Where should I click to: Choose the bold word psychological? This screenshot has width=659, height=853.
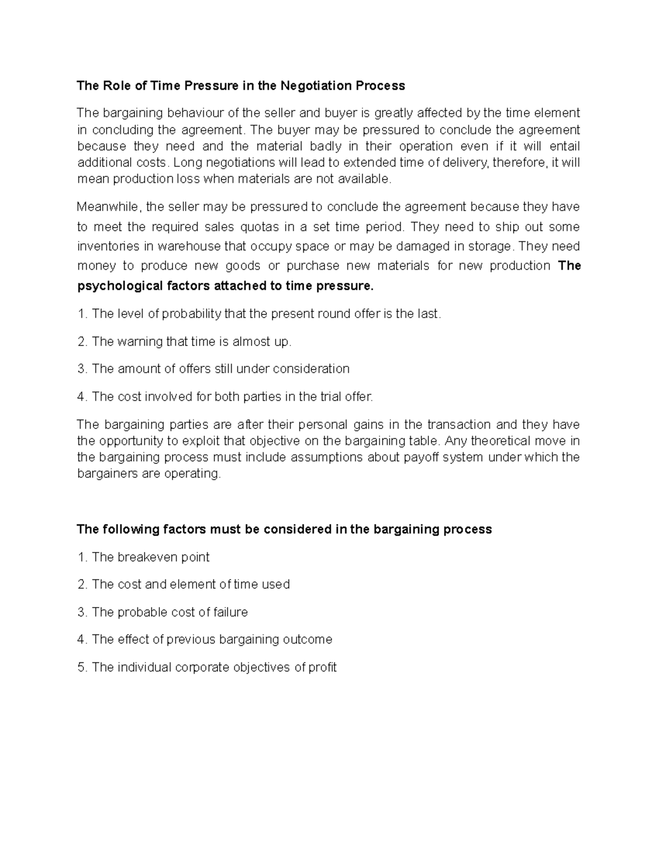coord(120,286)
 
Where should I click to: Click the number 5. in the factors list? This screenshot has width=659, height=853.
coord(83,668)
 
